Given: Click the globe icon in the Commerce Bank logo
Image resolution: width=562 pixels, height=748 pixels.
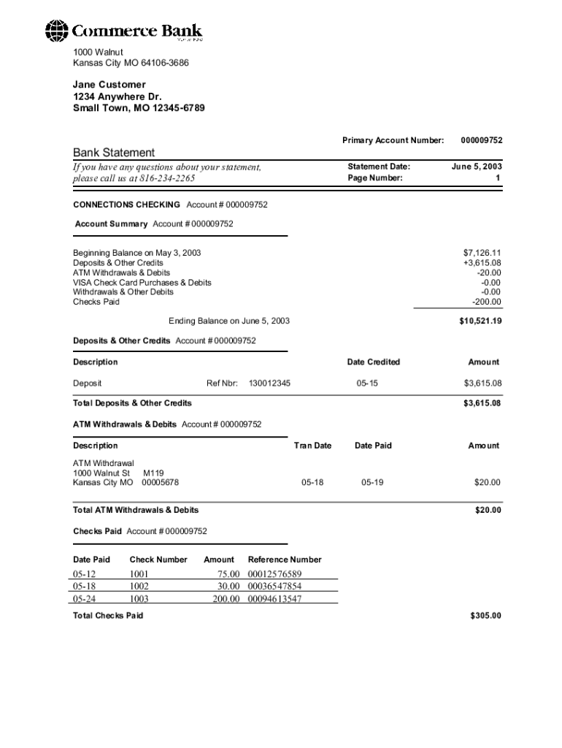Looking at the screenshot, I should pyautogui.click(x=56, y=31).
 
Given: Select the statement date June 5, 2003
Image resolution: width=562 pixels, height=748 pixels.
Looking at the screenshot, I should pyautogui.click(x=477, y=167).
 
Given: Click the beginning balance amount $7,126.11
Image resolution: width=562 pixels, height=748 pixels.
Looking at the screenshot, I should pyautogui.click(x=482, y=253).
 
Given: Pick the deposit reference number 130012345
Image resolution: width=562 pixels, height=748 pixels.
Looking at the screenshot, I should pyautogui.click(x=269, y=383).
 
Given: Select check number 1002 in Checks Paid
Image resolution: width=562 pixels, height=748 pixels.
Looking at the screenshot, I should pyautogui.click(x=139, y=586).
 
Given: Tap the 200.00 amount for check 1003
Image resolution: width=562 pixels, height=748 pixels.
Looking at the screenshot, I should pyautogui.click(x=226, y=599).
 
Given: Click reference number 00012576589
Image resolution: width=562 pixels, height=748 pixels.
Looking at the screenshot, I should pyautogui.click(x=274, y=574).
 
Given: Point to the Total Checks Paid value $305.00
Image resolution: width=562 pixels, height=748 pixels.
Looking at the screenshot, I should pyautogui.click(x=486, y=616).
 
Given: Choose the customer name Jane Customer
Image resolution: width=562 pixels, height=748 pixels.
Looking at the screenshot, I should pyautogui.click(x=109, y=85).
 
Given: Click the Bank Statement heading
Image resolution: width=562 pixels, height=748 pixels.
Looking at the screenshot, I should pyautogui.click(x=114, y=153).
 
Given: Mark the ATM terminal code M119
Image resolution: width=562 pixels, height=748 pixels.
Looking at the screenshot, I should pyautogui.click(x=153, y=473).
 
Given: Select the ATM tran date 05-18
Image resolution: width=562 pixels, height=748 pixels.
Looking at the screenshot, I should pyautogui.click(x=312, y=482).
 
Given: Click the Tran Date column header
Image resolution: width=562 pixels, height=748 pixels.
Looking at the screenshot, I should pyautogui.click(x=312, y=446).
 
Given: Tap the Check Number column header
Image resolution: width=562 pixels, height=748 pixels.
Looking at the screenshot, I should pyautogui.click(x=158, y=560).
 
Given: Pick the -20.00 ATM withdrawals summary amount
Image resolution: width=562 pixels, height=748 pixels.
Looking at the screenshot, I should pyautogui.click(x=487, y=272).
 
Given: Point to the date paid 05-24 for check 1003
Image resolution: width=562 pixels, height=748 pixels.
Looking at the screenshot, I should pyautogui.click(x=85, y=599).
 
